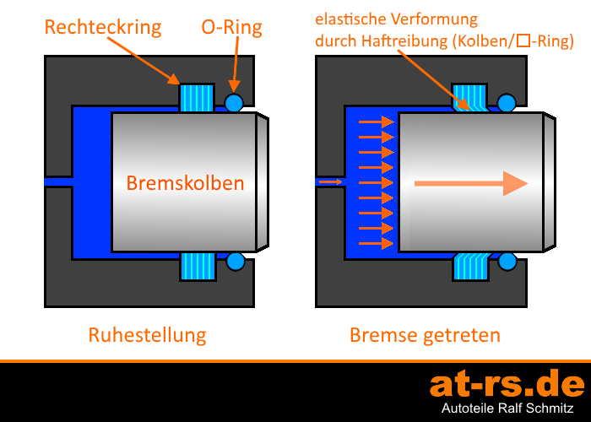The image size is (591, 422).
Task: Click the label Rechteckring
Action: tap(103, 27)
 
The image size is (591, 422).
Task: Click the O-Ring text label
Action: tap(231, 27)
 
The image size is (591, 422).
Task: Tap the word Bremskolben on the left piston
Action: tap(186, 183)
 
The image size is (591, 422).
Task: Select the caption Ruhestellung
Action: tap(147, 335)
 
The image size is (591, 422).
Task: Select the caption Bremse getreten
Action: tap(425, 335)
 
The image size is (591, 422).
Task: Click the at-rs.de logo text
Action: tap(507, 384)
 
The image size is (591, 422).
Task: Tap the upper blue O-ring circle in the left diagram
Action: tap(234, 103)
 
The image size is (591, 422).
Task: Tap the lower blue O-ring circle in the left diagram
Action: tap(234, 262)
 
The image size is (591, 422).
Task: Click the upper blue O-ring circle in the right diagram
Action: tap(506, 103)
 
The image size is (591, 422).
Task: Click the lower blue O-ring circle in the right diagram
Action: tap(506, 262)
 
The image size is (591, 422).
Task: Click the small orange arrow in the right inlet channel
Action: tap(330, 181)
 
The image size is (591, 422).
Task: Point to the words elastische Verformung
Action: tap(396, 19)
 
